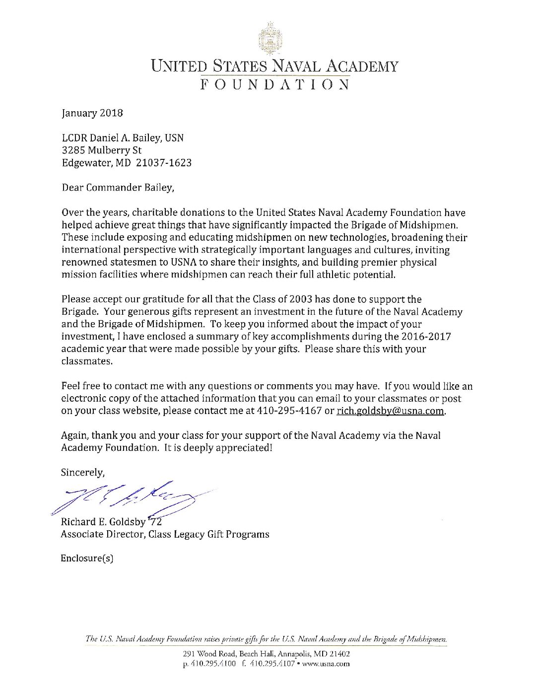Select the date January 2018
tap(92, 113)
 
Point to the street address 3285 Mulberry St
tap(101, 150)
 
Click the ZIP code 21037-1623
tap(166, 162)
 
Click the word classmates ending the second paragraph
tap(86, 361)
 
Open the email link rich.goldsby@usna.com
tap(391, 411)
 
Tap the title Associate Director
tap(102, 534)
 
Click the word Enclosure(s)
tap(87, 559)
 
